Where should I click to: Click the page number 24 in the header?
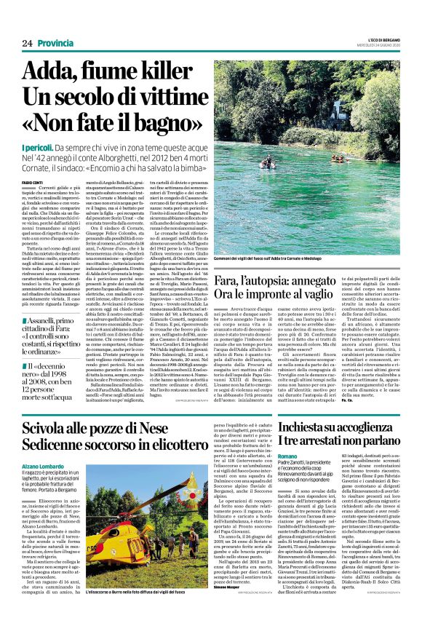[x=28, y=44]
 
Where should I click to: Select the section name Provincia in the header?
[x=56, y=44]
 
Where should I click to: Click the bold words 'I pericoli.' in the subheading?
[x=37, y=147]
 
